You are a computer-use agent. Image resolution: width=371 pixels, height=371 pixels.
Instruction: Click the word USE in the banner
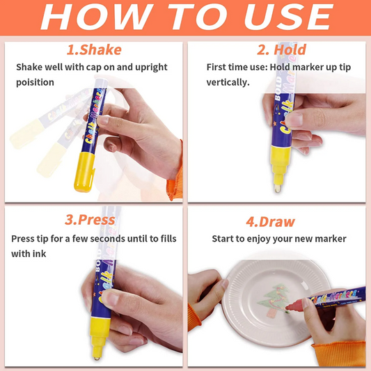289,17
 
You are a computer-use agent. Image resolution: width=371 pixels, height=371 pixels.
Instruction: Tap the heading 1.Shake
94,49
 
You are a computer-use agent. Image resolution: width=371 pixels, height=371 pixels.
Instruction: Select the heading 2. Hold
282,49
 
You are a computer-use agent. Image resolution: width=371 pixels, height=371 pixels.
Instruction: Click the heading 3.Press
90,220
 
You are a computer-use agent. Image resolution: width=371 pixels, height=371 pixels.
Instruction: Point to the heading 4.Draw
271,222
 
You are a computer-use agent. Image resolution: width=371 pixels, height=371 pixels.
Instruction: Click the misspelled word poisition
35,82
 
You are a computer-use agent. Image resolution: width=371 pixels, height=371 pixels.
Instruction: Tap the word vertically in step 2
228,82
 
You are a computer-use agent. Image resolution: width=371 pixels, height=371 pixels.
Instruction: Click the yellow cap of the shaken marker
84,172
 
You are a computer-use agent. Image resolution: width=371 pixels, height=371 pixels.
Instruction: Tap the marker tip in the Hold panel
278,189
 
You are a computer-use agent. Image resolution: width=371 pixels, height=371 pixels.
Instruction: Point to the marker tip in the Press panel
97,358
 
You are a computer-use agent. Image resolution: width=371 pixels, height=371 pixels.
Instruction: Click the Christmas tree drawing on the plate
274,300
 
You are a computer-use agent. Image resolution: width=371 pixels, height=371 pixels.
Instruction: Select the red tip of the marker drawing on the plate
294,306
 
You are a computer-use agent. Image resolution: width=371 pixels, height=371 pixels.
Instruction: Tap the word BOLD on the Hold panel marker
278,88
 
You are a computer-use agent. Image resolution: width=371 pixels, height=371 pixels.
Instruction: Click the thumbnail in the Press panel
111,299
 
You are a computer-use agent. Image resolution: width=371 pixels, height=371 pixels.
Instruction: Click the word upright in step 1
151,68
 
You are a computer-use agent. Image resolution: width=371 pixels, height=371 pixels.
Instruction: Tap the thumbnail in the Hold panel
294,120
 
